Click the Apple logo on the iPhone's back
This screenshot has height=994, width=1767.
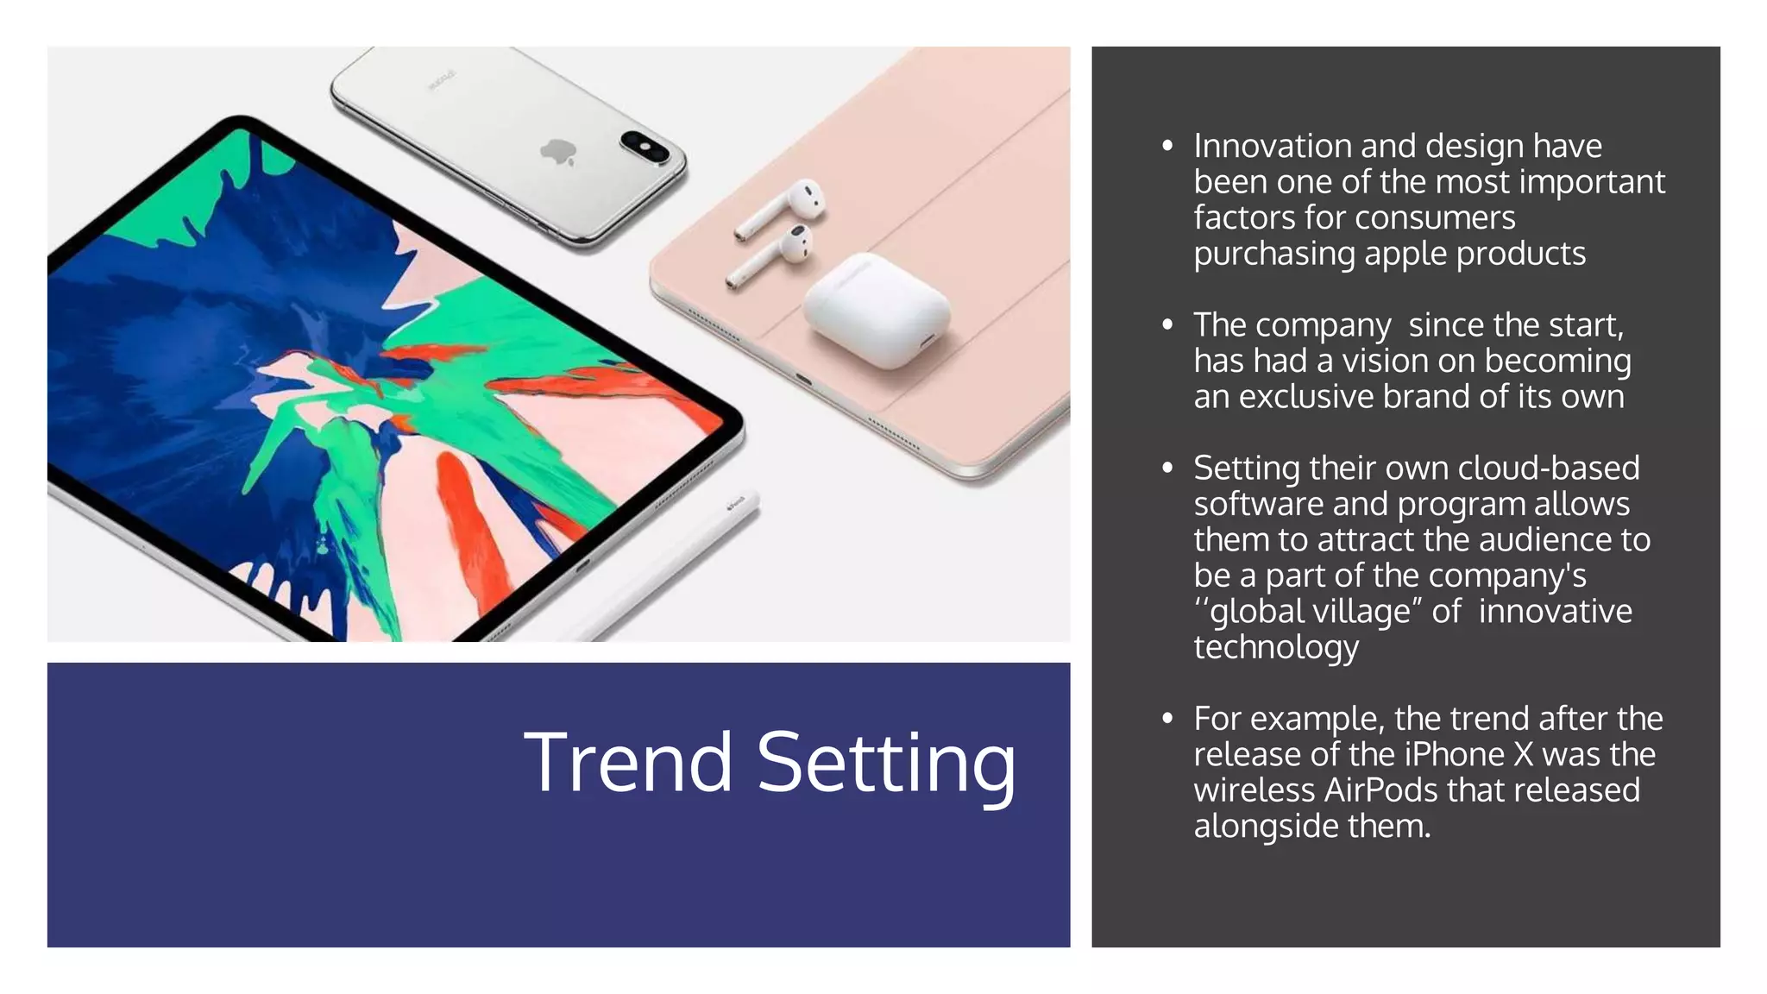(x=557, y=153)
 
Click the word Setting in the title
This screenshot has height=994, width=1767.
(x=886, y=764)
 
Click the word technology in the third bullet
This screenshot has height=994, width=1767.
(x=1276, y=647)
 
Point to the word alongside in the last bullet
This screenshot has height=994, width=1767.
(x=1266, y=826)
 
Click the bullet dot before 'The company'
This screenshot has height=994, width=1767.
(x=1167, y=325)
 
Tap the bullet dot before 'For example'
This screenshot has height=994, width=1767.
(x=1167, y=719)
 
